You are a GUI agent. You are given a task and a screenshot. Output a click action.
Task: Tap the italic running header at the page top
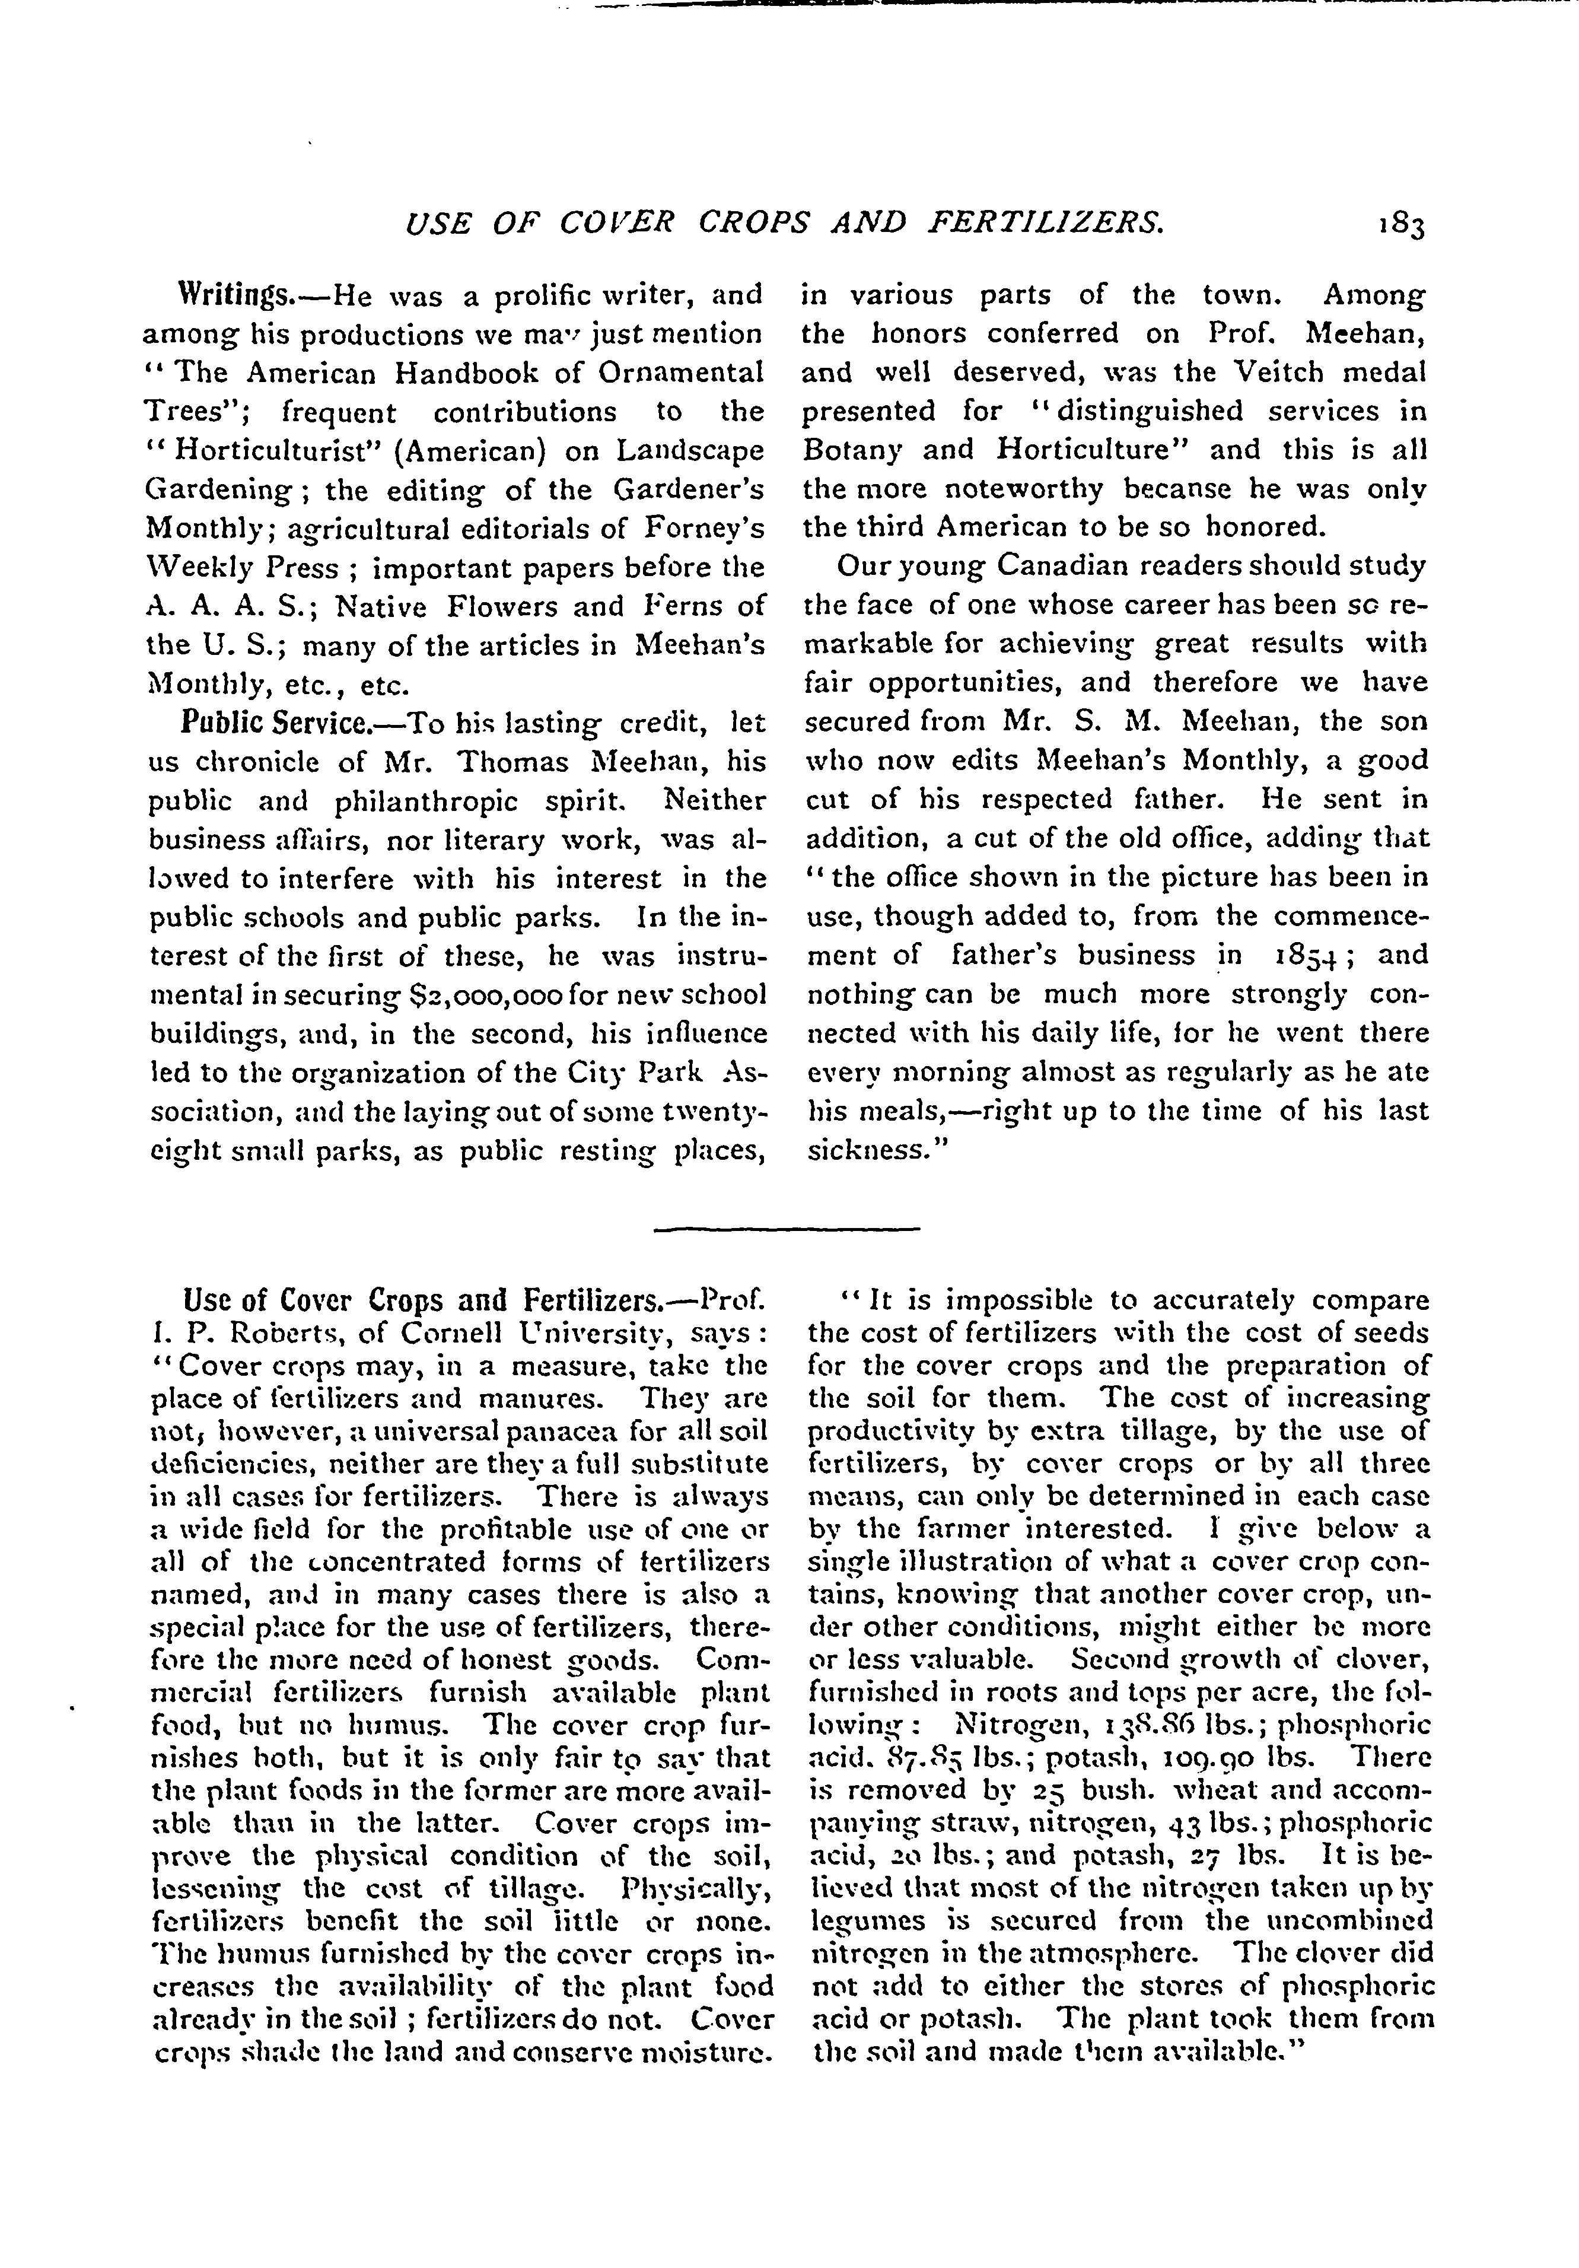point(785,225)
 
